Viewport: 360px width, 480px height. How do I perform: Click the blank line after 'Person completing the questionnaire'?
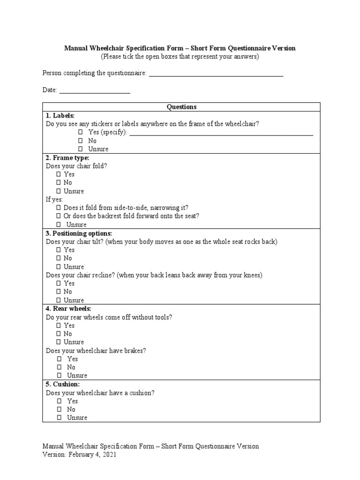216,74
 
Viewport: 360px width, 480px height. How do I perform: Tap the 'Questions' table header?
181,107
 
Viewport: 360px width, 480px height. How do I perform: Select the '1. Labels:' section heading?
60,115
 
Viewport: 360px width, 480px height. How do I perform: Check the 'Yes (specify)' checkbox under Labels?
80,133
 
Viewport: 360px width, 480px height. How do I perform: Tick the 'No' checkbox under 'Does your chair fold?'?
59,183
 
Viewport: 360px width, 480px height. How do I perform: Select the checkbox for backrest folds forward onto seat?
59,217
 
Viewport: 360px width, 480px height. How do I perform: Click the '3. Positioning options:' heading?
79,233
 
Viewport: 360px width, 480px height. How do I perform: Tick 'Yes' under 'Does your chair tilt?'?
59,250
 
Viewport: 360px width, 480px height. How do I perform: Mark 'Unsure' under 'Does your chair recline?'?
59,300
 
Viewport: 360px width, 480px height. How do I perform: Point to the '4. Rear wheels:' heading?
68,308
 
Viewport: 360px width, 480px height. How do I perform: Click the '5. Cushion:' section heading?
63,384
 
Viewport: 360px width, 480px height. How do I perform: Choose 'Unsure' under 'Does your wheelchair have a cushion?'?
60,418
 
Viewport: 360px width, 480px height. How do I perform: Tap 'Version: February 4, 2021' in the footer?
79,455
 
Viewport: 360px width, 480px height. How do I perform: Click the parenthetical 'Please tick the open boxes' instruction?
180,57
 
